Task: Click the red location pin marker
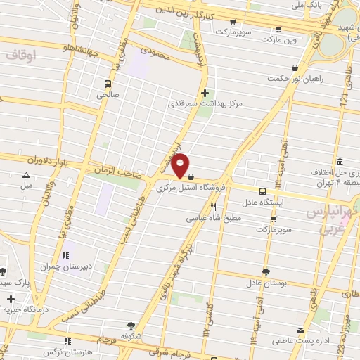181,165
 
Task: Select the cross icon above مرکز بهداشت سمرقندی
205,93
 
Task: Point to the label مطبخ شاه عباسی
213,219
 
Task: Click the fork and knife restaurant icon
213,207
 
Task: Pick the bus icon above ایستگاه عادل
262,191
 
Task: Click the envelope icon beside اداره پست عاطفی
301,330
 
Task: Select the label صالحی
108,94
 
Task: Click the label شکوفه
131,335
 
